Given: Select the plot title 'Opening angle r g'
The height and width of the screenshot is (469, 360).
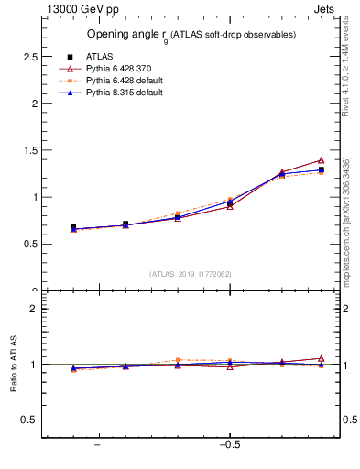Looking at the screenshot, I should pos(191,35).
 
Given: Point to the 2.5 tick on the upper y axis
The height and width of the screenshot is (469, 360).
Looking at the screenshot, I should pos(29,57).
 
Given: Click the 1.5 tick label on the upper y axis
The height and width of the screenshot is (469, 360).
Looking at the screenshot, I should pos(29,150).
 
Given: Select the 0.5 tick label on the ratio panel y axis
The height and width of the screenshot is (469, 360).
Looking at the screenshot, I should pos(29,420).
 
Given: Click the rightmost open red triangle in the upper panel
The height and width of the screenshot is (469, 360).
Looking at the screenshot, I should pos(321,160).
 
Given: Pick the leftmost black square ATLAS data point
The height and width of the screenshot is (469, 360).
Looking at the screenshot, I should pos(73,226).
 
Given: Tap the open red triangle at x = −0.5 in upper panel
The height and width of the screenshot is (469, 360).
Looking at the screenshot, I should pos(230,206).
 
